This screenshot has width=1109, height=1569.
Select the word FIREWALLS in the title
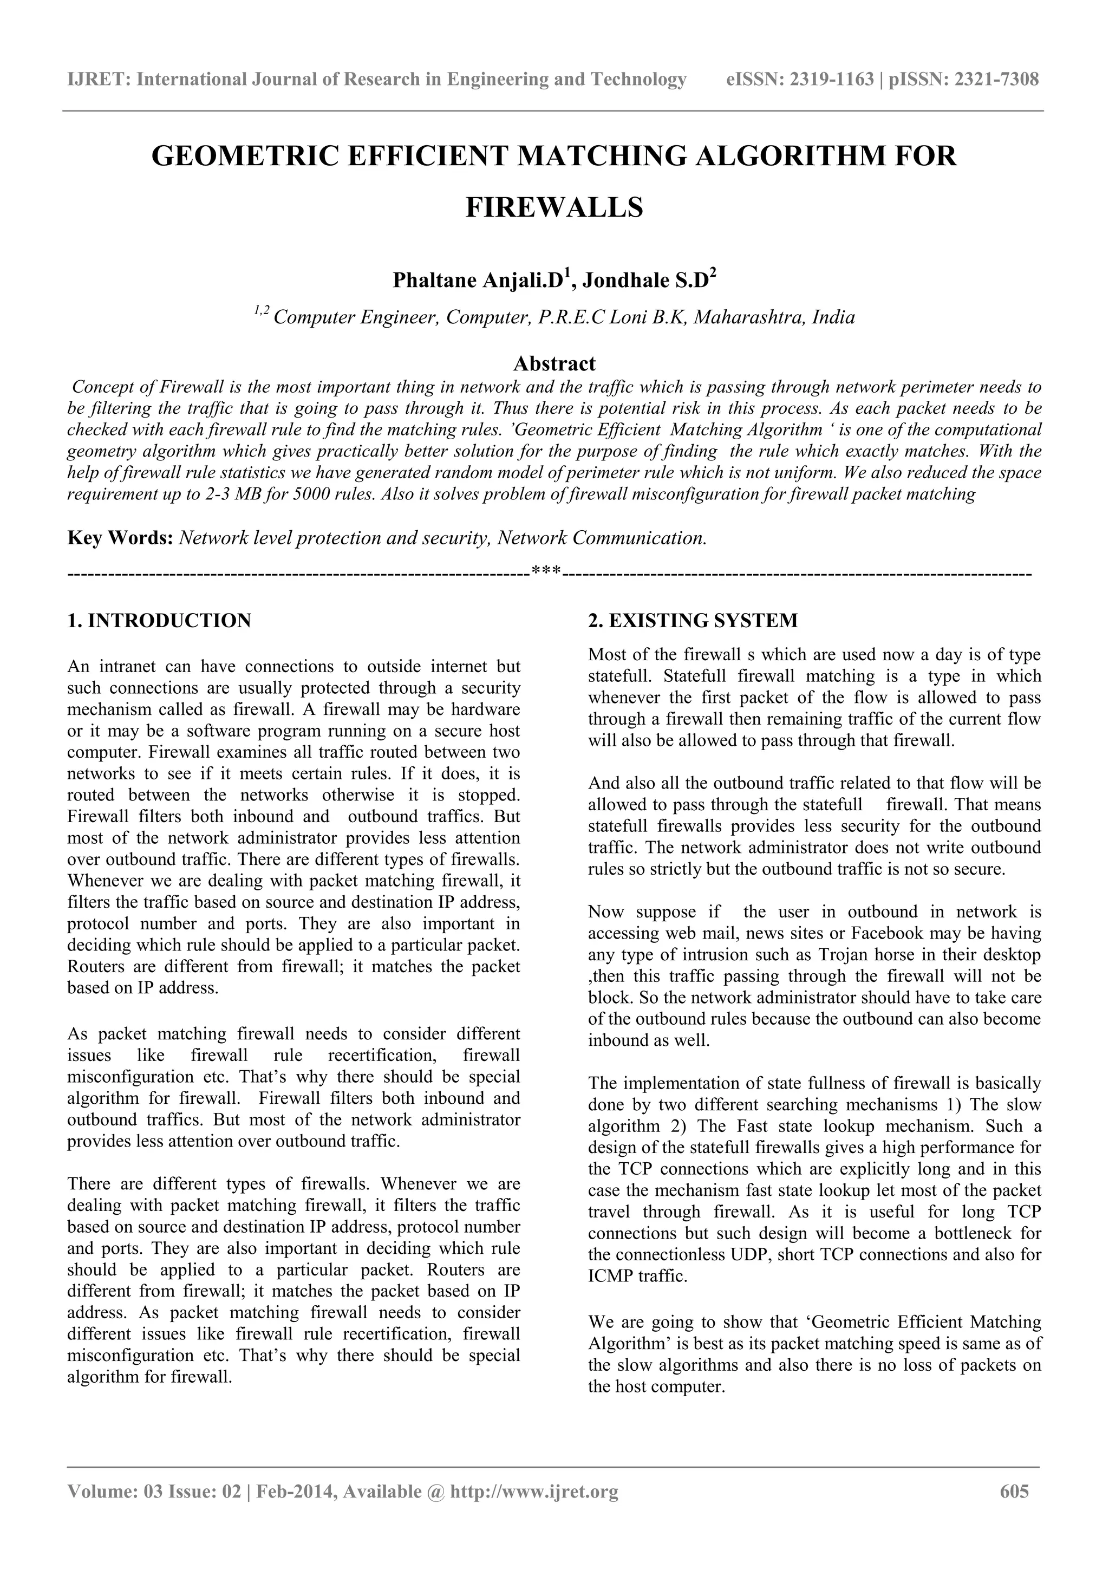click(x=554, y=207)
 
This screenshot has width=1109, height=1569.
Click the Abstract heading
click(x=554, y=363)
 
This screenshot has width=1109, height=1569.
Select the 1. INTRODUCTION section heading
click(x=159, y=621)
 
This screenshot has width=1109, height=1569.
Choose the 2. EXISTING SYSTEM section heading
click(x=693, y=621)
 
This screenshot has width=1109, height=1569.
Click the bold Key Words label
click(x=120, y=538)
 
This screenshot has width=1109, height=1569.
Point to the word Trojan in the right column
click(x=848, y=955)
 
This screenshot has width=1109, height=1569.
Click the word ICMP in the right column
click(x=610, y=1277)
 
